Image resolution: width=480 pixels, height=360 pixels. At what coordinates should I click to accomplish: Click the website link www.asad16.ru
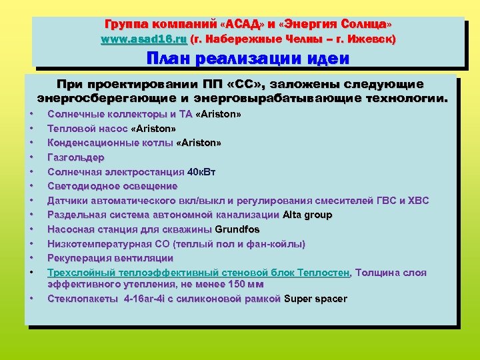(143, 39)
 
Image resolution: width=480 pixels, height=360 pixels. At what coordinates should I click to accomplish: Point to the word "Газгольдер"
(76, 157)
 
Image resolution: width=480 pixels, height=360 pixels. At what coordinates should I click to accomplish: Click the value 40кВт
(201, 172)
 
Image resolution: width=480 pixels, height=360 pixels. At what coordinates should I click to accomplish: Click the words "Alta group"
(307, 215)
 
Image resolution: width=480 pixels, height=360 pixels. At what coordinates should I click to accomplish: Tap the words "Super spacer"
(315, 299)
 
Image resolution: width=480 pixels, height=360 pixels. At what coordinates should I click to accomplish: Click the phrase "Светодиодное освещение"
(113, 186)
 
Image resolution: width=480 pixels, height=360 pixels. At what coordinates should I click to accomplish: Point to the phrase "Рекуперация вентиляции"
(111, 258)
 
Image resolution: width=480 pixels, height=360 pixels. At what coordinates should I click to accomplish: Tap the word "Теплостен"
(325, 273)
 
